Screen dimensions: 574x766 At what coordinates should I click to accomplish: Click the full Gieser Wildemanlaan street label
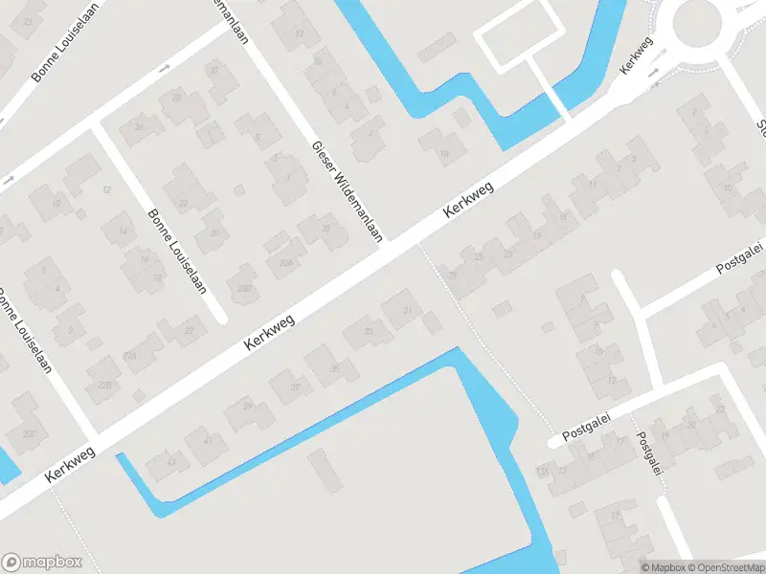click(x=347, y=190)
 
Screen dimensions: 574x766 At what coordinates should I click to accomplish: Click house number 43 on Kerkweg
click(x=171, y=462)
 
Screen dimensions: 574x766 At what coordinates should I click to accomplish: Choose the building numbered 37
click(x=296, y=387)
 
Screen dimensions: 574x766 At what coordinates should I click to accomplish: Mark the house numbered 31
click(x=409, y=309)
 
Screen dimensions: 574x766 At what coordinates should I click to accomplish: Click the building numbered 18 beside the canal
click(x=443, y=151)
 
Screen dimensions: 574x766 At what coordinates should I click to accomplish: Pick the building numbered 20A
click(x=284, y=262)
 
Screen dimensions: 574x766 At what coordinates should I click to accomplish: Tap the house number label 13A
click(x=544, y=471)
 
